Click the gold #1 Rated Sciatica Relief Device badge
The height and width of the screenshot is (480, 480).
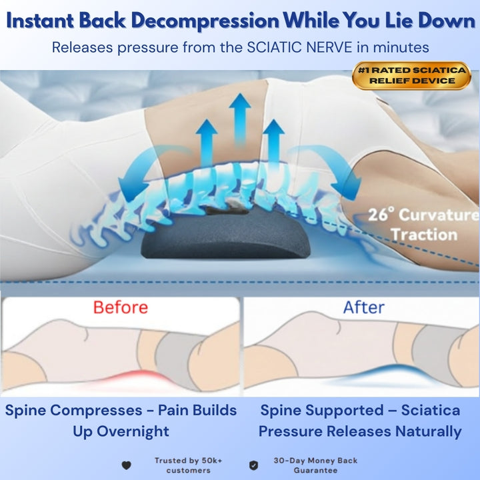(x=411, y=75)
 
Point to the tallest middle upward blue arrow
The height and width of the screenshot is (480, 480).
(x=240, y=117)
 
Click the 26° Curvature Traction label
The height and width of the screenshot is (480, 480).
(x=423, y=225)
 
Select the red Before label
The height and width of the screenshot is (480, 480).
(x=120, y=307)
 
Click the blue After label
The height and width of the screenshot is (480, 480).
(x=363, y=307)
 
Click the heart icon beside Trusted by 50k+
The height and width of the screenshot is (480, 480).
(x=127, y=465)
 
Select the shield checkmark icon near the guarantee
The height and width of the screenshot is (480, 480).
(x=253, y=465)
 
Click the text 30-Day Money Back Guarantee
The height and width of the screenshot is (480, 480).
(x=315, y=465)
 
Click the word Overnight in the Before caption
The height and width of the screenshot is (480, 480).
(x=131, y=431)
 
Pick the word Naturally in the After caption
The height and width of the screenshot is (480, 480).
(x=429, y=431)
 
